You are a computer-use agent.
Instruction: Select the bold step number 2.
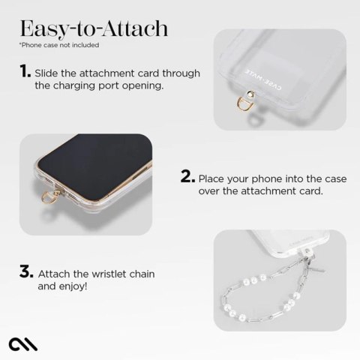(x=187, y=178)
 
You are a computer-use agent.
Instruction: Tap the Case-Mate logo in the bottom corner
(x=23, y=342)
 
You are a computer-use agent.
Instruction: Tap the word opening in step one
(x=142, y=86)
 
